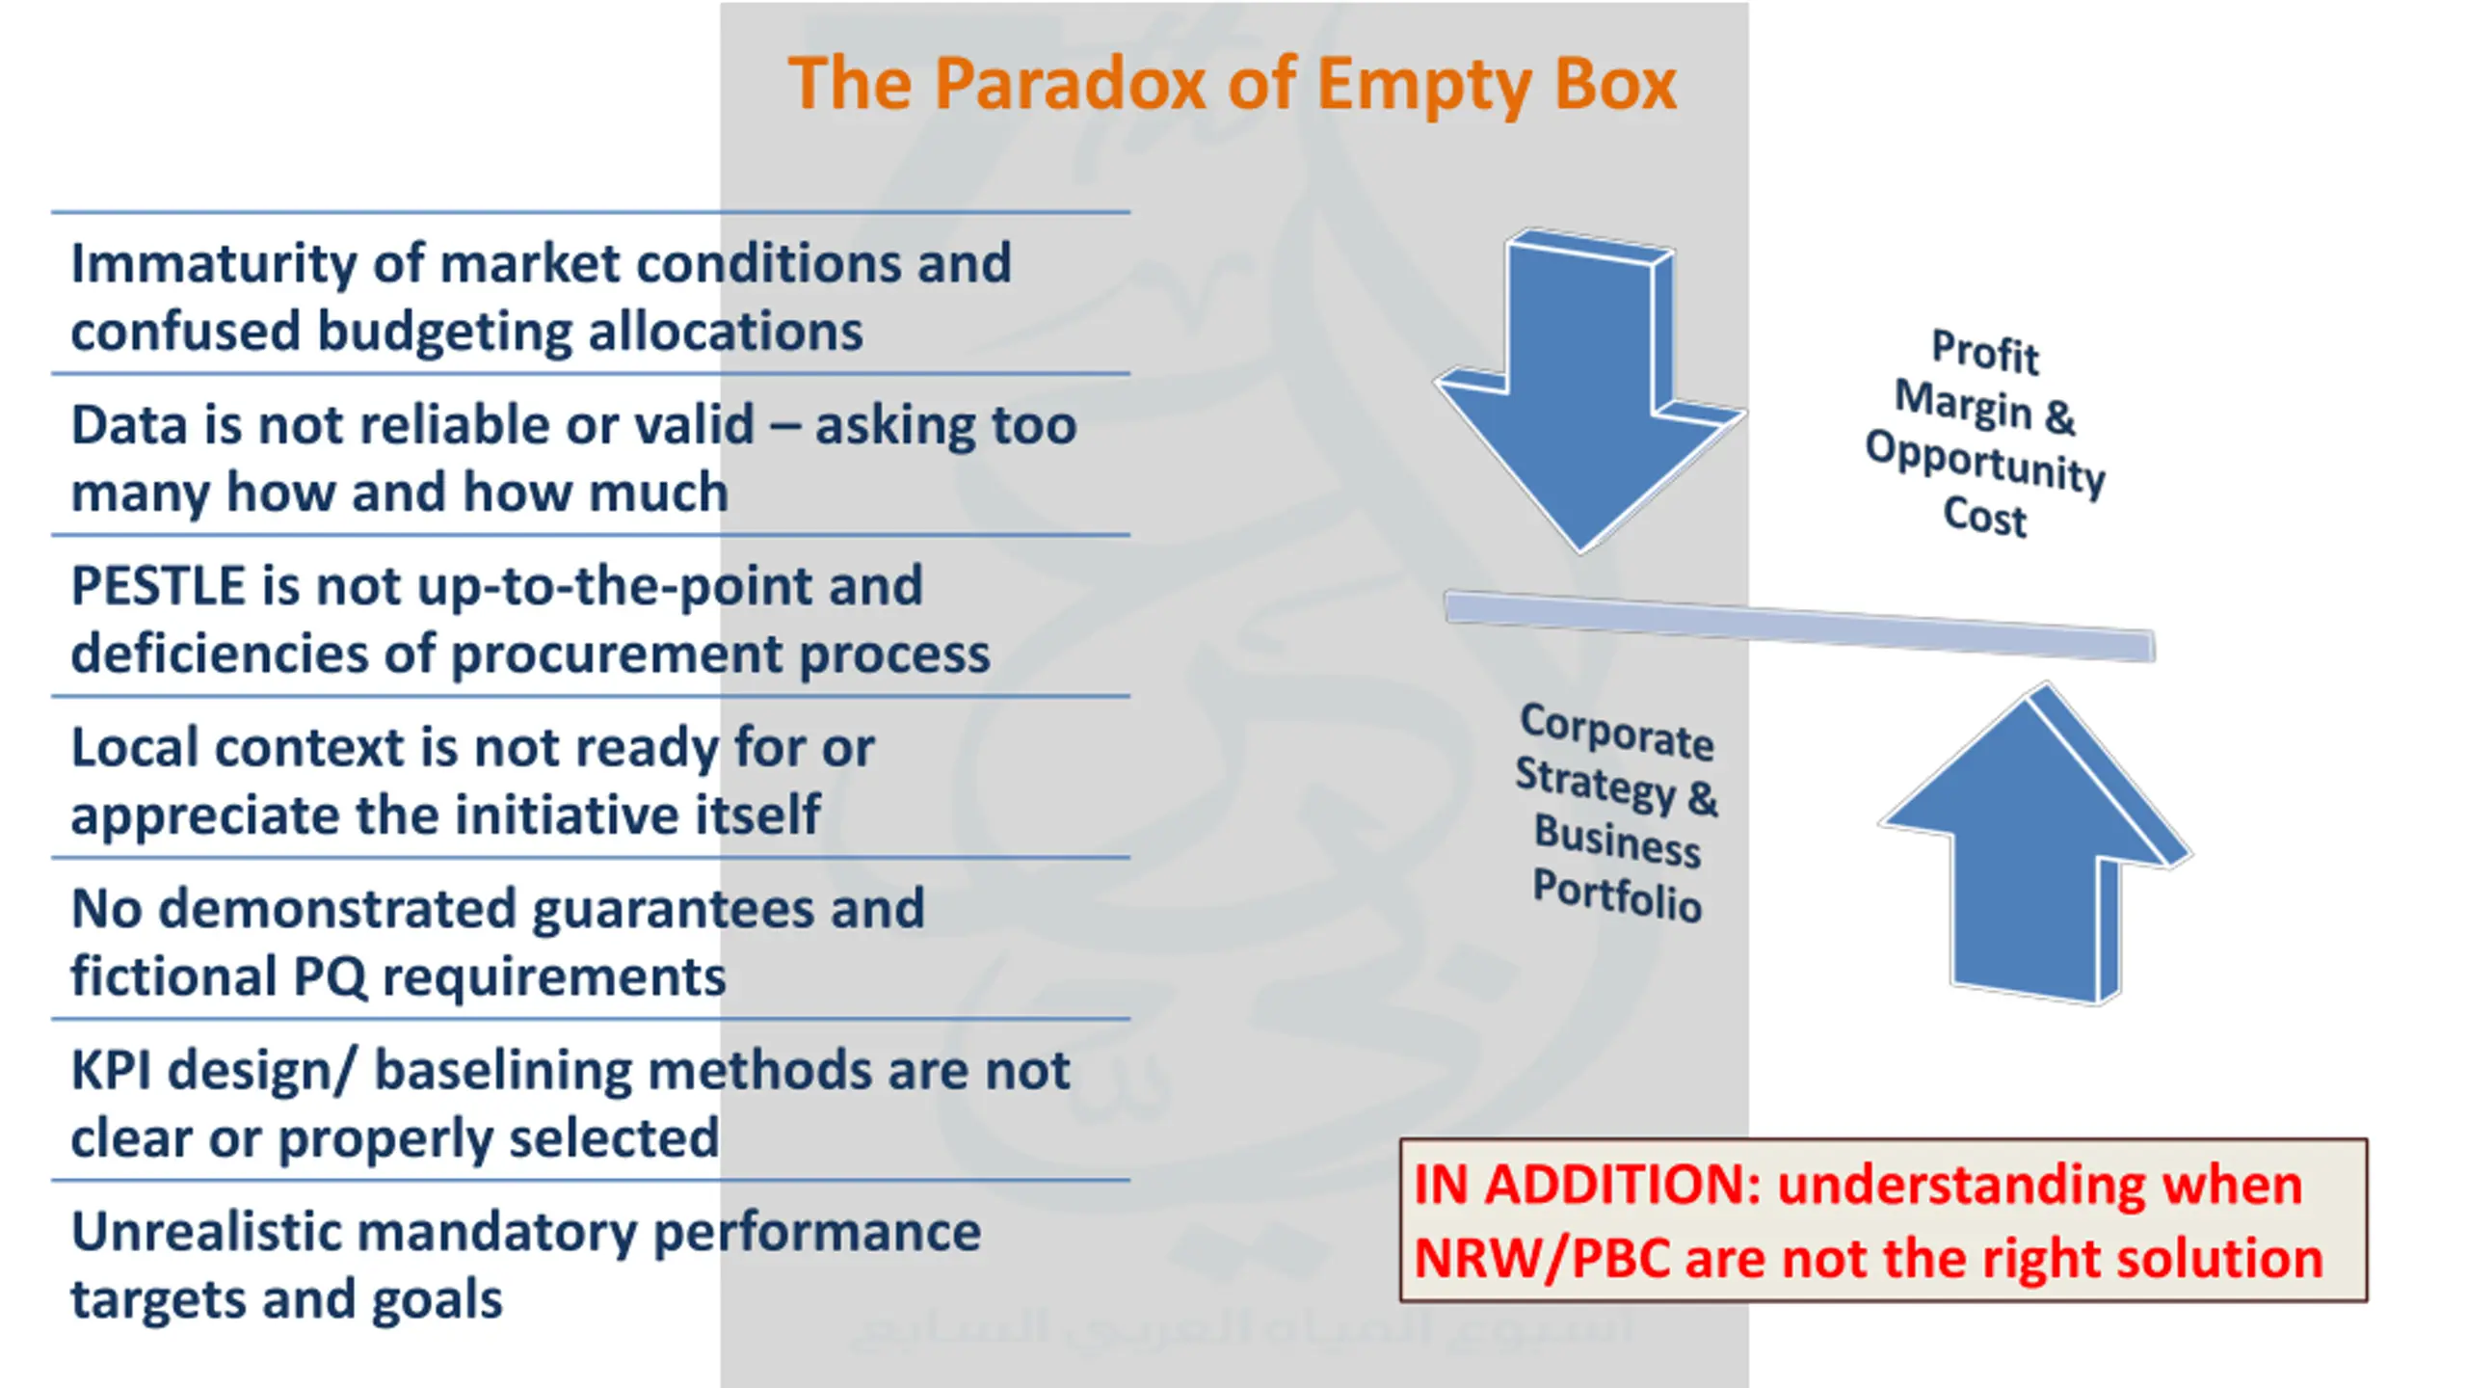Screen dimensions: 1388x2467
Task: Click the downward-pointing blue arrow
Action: pos(1585,395)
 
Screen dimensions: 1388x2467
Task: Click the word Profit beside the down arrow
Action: pos(1985,351)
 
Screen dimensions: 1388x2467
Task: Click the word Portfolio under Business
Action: pos(1616,894)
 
